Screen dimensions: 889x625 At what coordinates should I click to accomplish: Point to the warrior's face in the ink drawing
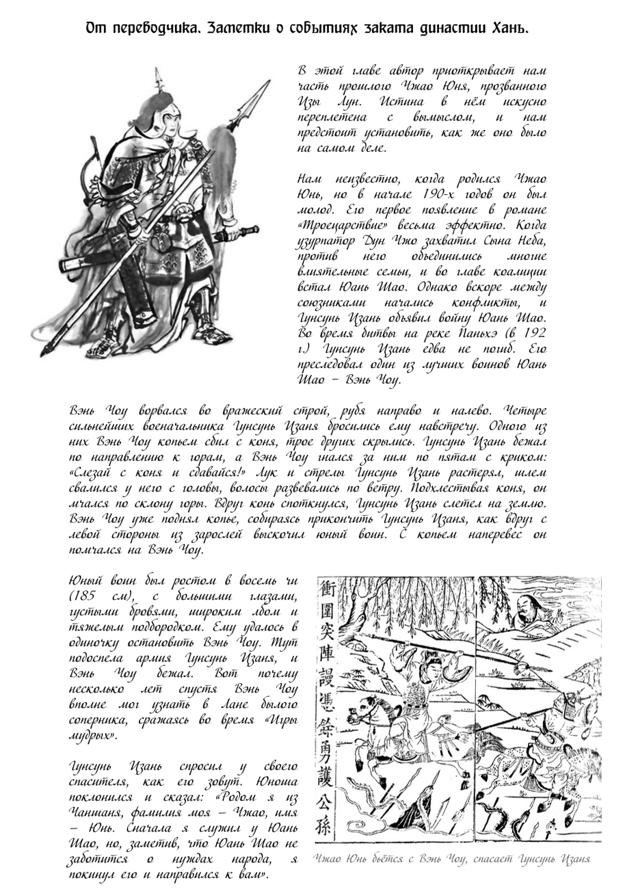tap(163, 116)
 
